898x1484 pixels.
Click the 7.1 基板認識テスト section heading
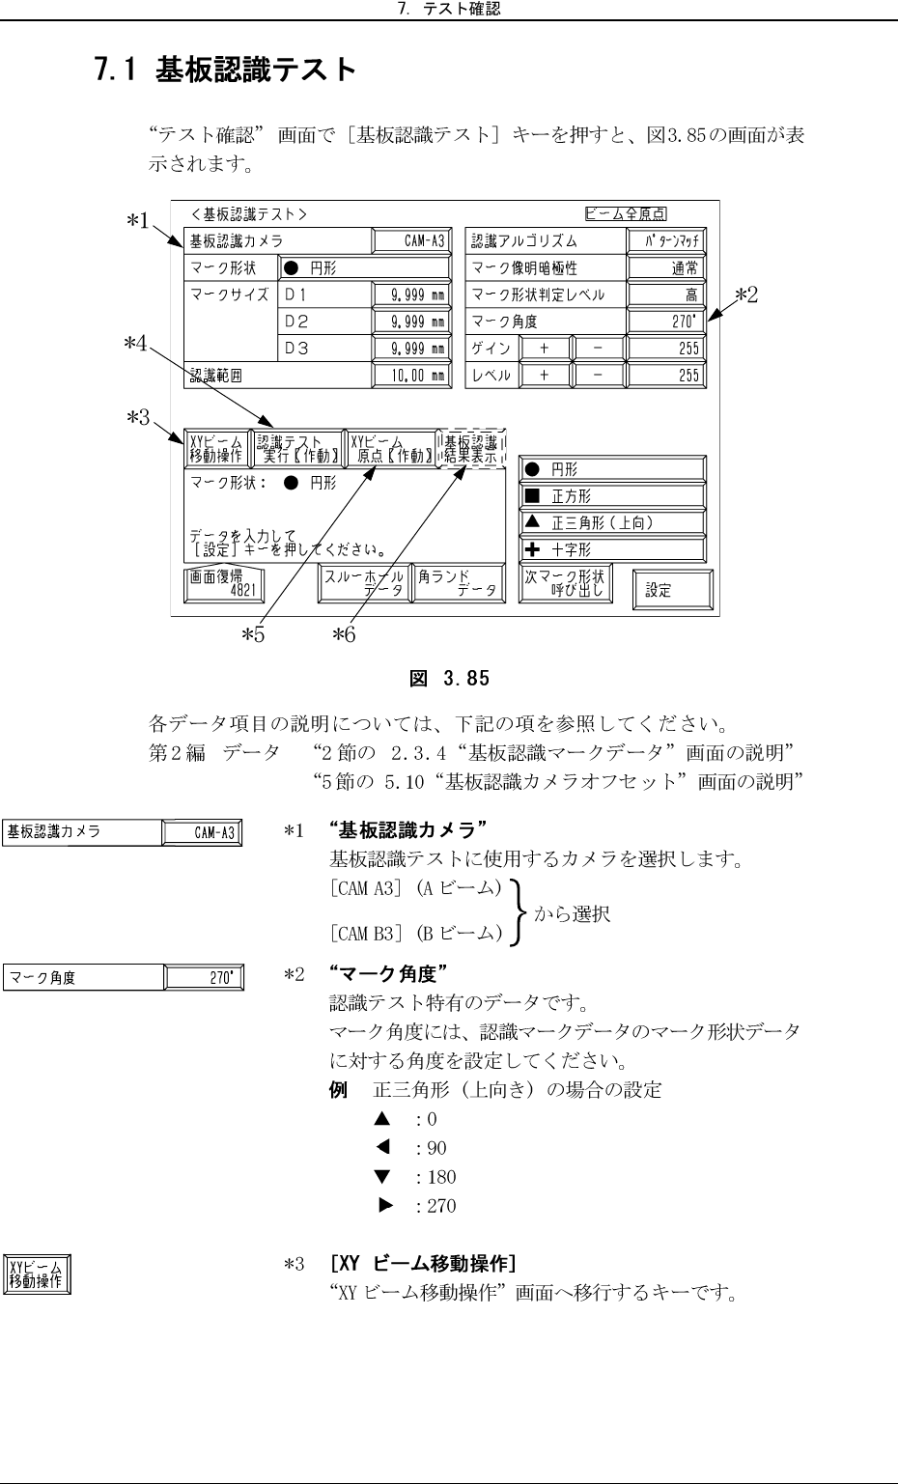click(x=226, y=70)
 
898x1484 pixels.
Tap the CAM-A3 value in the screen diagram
click(x=411, y=241)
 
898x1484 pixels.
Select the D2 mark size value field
click(x=411, y=322)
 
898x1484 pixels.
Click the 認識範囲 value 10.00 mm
click(x=411, y=376)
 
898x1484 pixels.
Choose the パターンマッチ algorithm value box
click(x=666, y=241)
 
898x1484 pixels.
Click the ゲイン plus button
click(x=544, y=349)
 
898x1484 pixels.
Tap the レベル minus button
click(x=597, y=376)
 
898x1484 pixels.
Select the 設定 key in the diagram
click(x=671, y=589)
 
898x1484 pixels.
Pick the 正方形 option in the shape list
click(x=612, y=496)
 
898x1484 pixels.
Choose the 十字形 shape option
click(x=612, y=549)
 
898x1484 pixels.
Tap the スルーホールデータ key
click(x=363, y=584)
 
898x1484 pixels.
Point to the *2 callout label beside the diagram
click(x=745, y=294)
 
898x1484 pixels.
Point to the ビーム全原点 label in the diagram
click(x=626, y=213)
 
